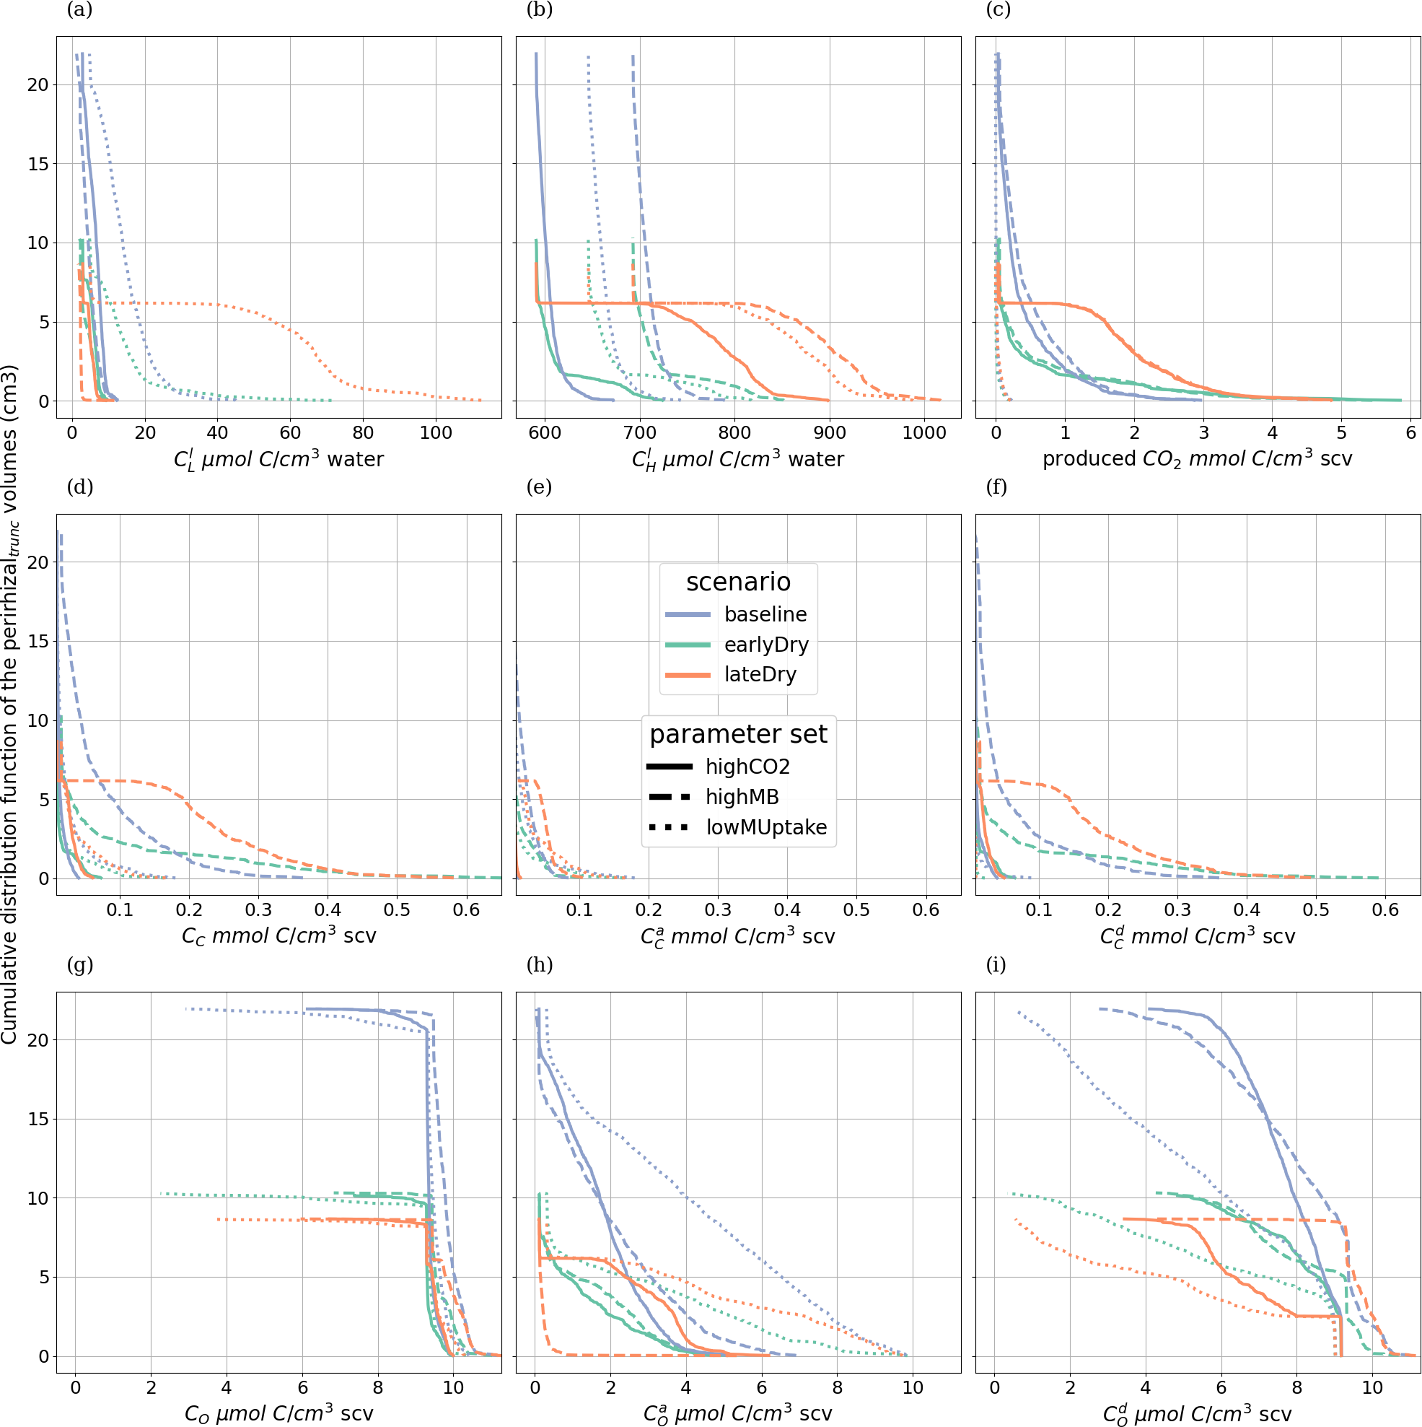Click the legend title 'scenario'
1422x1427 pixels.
(x=737, y=581)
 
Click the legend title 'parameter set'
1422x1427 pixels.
(x=737, y=733)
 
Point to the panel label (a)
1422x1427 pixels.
(x=80, y=9)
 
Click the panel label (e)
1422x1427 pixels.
(x=540, y=486)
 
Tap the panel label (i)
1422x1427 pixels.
(x=996, y=964)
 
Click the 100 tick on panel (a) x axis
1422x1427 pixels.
(x=436, y=433)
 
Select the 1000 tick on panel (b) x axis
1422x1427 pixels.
(x=923, y=433)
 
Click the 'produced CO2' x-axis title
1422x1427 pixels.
(x=1197, y=459)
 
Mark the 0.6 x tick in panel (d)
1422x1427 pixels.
(x=466, y=910)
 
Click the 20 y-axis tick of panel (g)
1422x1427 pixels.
(x=38, y=1040)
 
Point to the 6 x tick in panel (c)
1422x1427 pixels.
(x=1410, y=433)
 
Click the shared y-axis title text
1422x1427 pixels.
(x=9, y=704)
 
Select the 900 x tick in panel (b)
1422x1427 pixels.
(x=830, y=433)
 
